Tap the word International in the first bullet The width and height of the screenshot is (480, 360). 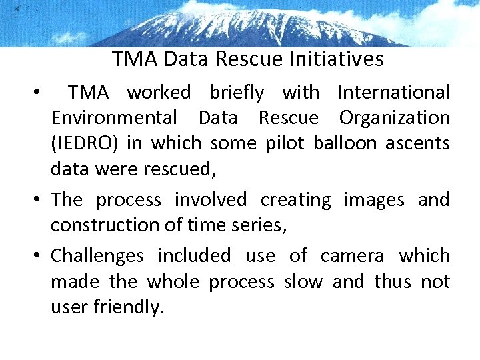(393, 92)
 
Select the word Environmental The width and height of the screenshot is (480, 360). (114, 118)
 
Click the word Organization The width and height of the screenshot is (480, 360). (394, 118)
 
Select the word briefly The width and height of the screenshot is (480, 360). (237, 92)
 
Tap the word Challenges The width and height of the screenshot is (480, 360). (97, 256)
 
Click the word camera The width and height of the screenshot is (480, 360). (352, 255)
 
